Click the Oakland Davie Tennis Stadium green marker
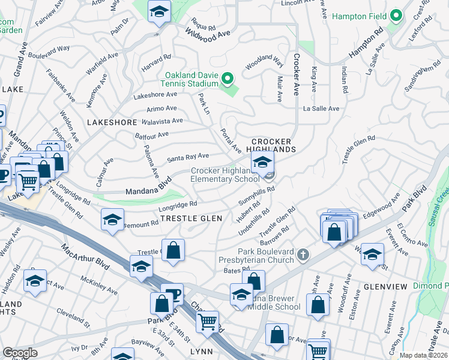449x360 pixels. tap(227, 79)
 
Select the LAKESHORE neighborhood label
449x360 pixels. tap(112, 122)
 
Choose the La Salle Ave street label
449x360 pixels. tap(322, 109)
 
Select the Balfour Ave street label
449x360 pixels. tap(151, 136)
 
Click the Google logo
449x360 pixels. tap(20, 353)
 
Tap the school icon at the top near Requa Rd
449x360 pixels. tap(159, 11)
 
